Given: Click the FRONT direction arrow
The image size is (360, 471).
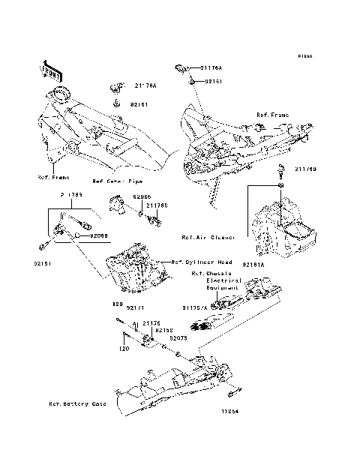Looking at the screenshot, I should click(x=50, y=69).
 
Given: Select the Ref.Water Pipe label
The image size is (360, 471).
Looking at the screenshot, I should click(x=117, y=181).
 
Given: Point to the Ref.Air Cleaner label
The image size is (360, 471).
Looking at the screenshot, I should click(x=208, y=237).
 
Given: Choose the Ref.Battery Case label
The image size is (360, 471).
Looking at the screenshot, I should click(x=77, y=403).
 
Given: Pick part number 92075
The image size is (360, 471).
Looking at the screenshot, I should click(x=177, y=338).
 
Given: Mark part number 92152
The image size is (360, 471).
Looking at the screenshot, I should click(x=163, y=330).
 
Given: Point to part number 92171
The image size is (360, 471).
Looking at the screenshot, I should click(x=135, y=307).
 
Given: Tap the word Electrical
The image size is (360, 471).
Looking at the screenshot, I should click(x=222, y=280).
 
